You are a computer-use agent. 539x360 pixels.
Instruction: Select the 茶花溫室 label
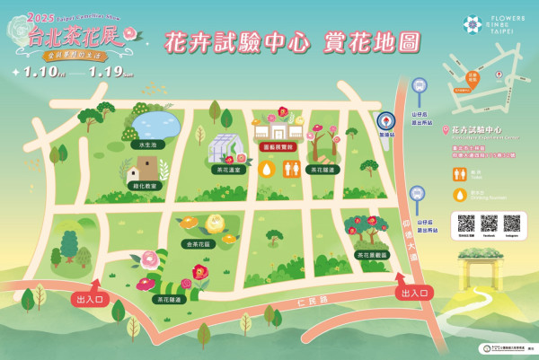point(228,169)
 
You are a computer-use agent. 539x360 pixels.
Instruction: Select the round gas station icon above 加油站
point(385,121)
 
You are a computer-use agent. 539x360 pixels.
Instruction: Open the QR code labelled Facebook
point(489,224)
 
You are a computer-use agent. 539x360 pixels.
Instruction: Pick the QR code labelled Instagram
point(512,224)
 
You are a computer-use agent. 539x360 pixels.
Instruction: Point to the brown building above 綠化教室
point(145,167)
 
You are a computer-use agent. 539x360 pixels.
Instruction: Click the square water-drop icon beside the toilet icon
point(267,169)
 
